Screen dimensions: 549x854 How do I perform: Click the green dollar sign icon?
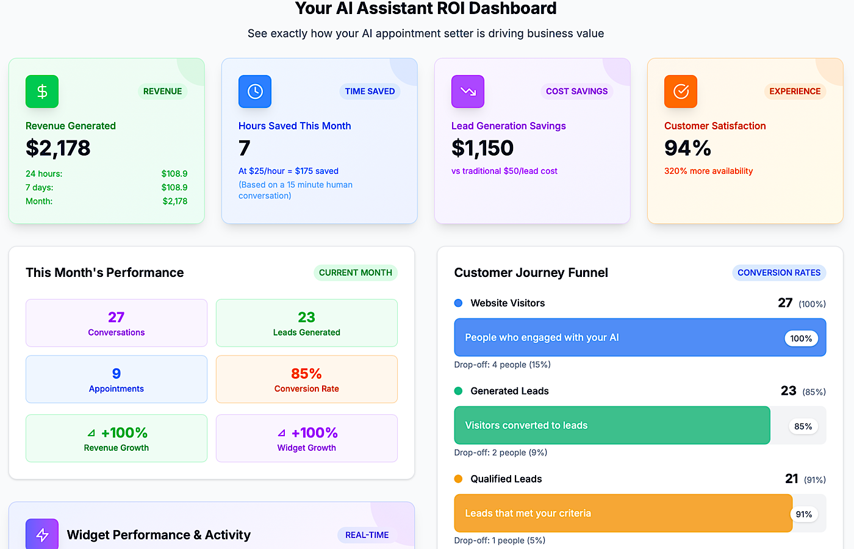pyautogui.click(x=42, y=91)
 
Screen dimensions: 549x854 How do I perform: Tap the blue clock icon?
pyautogui.click(x=255, y=91)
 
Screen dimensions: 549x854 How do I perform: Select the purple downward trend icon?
pyautogui.click(x=468, y=91)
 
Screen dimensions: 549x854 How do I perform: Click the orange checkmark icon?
pyautogui.click(x=681, y=91)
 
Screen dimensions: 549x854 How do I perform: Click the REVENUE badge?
pyautogui.click(x=162, y=91)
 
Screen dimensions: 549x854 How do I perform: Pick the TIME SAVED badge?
pyautogui.click(x=370, y=91)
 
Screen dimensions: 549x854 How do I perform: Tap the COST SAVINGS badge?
pyautogui.click(x=576, y=91)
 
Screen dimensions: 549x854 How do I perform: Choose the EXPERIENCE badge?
pyautogui.click(x=795, y=91)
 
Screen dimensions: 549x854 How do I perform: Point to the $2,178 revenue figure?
pyautogui.click(x=58, y=148)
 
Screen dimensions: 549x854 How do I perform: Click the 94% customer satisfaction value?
pyautogui.click(x=687, y=148)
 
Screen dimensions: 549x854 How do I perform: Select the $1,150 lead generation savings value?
pyautogui.click(x=483, y=148)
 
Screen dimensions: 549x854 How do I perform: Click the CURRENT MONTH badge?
pyautogui.click(x=355, y=273)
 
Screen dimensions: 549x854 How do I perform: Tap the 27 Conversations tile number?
pyautogui.click(x=117, y=317)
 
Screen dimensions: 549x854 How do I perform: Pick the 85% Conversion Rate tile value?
pyautogui.click(x=306, y=373)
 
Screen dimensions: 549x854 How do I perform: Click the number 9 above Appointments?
pyautogui.click(x=117, y=373)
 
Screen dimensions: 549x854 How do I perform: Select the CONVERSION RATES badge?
pyautogui.click(x=779, y=273)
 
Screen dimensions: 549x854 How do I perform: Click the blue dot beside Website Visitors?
pyautogui.click(x=459, y=303)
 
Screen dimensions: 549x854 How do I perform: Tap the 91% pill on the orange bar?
pyautogui.click(x=804, y=514)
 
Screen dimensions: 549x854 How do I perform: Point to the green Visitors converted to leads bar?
pyautogui.click(x=612, y=425)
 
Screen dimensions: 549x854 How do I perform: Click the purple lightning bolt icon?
pyautogui.click(x=42, y=535)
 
